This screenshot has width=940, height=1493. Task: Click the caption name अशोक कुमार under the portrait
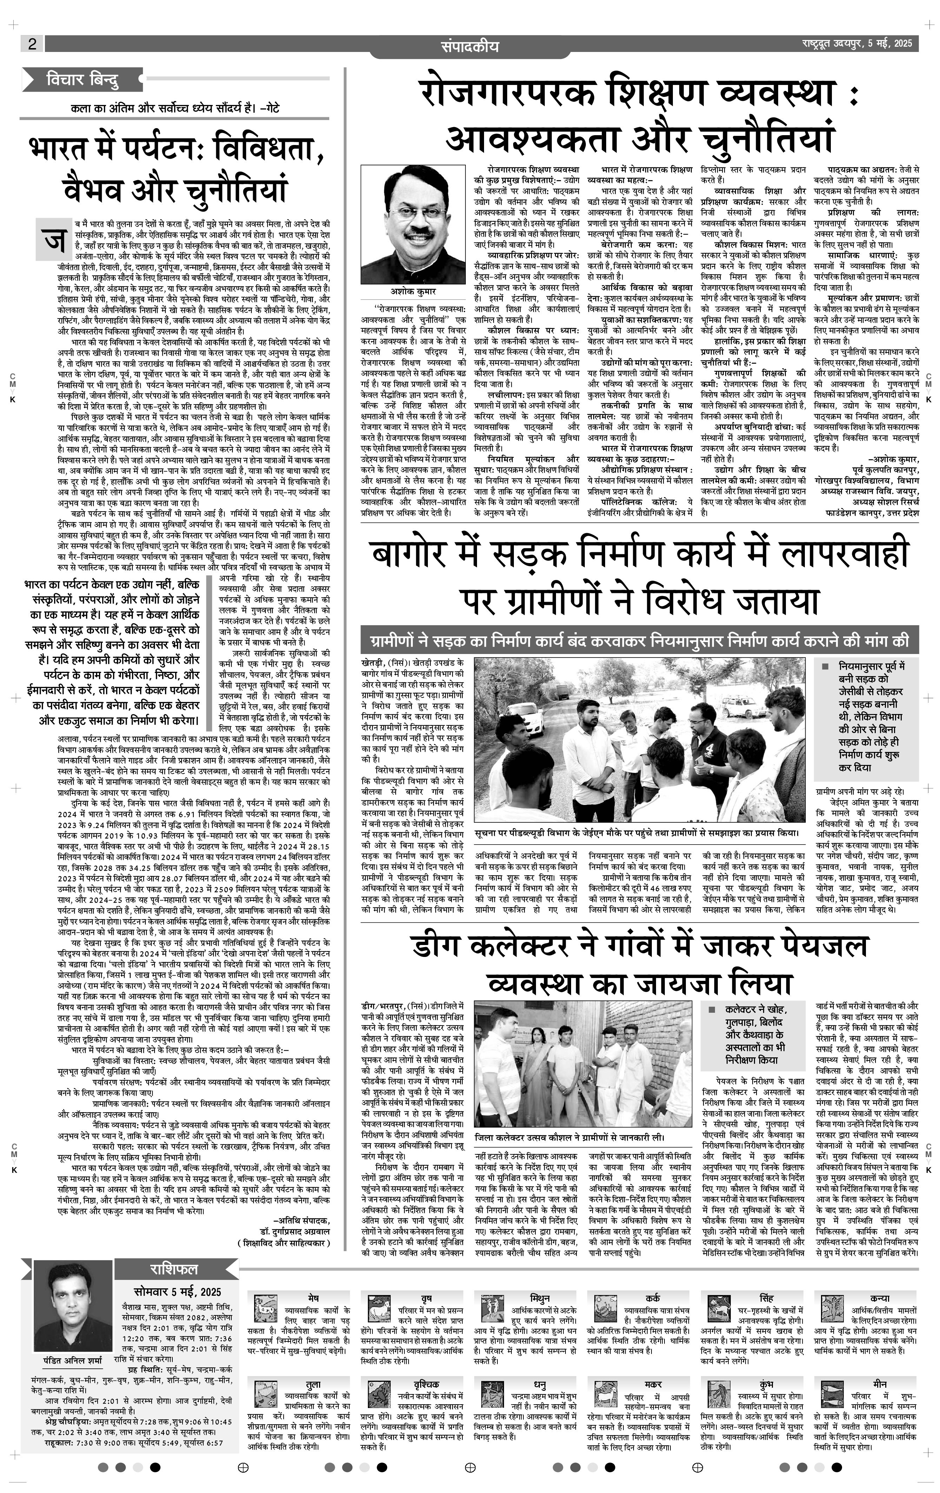[413, 291]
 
